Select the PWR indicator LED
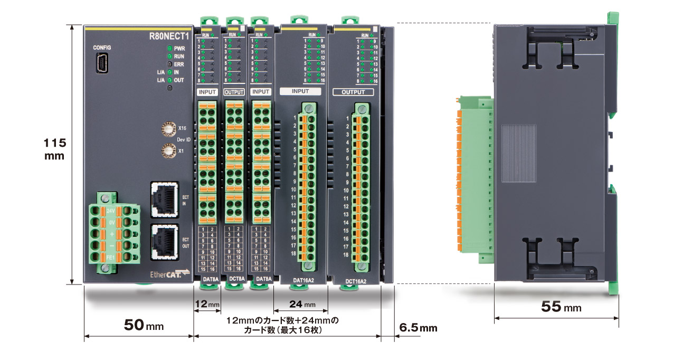(169, 48)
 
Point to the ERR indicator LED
(169, 63)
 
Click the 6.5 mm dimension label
(418, 328)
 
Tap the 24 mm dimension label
(301, 304)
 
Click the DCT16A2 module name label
(355, 281)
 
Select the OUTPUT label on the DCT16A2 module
(353, 92)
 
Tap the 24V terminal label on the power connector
(111, 210)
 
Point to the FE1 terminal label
(111, 257)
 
